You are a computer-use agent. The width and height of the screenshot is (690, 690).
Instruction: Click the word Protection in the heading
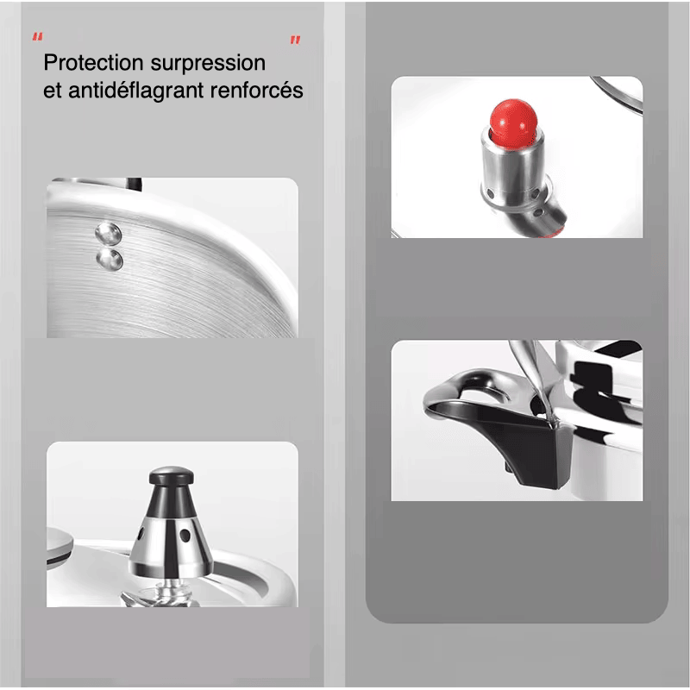(x=93, y=63)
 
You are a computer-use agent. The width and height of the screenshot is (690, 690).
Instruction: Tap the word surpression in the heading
(x=208, y=64)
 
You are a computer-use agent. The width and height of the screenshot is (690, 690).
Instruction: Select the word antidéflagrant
(x=136, y=91)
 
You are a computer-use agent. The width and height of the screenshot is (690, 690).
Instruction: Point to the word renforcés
(x=256, y=90)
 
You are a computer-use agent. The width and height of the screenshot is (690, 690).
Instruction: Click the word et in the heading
(x=53, y=91)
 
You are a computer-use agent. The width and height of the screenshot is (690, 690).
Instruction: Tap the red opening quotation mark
(x=37, y=37)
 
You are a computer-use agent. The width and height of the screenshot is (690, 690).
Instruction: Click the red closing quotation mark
(x=295, y=41)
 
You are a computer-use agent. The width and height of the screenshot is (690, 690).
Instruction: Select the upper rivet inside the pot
(x=109, y=233)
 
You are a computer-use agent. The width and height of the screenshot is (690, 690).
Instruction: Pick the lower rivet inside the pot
(x=110, y=260)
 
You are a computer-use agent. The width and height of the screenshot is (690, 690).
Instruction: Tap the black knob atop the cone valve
(x=171, y=476)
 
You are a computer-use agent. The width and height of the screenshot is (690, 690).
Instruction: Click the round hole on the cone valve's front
(x=185, y=536)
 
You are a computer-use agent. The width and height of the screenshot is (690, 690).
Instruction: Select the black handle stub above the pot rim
(x=134, y=184)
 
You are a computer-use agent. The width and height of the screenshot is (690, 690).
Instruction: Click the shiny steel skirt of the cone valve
(x=171, y=546)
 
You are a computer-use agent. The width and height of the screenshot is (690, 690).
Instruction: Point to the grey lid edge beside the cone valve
(x=59, y=547)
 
